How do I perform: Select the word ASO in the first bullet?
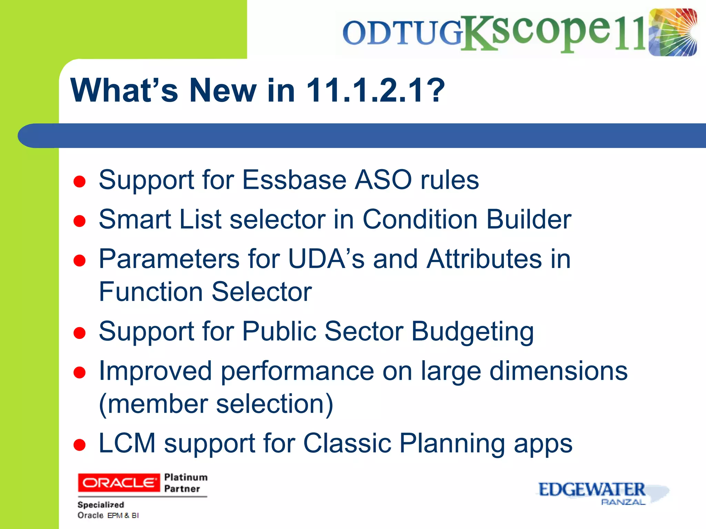[383, 180]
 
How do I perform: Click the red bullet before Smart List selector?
[80, 221]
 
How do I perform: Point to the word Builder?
[529, 219]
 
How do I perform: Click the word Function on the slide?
[151, 292]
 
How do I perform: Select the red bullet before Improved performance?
[80, 373]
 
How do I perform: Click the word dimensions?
[558, 371]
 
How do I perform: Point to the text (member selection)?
[216, 404]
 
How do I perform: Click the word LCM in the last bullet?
[127, 443]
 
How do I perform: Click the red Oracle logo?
[119, 483]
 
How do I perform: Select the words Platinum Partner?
[185, 483]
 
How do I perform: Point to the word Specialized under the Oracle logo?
[101, 505]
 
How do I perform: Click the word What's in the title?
[124, 90]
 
